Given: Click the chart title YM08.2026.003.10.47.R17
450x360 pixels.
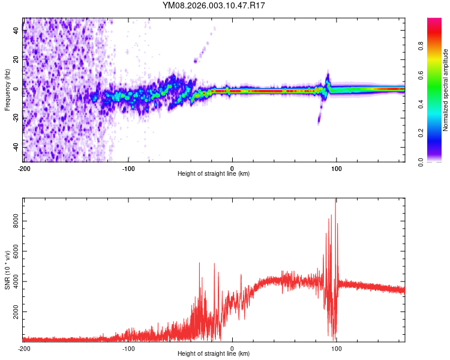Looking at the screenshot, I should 214,5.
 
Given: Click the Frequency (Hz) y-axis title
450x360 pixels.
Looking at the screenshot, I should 7,89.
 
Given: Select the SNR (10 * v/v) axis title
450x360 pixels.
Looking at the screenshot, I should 7,270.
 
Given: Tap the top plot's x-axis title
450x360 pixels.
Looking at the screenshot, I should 214,173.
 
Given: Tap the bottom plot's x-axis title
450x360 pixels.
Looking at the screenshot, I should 214,354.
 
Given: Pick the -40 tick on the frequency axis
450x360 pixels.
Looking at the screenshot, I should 15,147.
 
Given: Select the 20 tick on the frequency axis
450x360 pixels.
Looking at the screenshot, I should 16,60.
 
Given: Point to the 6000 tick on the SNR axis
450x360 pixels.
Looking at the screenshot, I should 13,252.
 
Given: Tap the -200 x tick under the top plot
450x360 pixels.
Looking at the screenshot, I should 23,167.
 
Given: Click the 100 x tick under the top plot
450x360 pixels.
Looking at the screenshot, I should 337,167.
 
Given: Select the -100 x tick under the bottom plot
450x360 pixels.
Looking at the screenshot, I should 128,348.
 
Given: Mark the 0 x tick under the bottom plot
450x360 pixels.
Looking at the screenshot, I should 232,348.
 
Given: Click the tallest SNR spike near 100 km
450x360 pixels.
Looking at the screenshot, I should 335,201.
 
